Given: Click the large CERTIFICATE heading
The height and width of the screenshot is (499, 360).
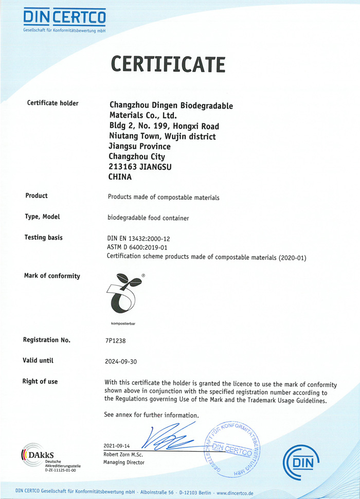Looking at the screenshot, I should [168, 64].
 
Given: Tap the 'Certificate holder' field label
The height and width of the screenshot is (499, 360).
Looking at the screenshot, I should [52, 103].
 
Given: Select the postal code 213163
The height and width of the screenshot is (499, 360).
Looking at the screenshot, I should [122, 167].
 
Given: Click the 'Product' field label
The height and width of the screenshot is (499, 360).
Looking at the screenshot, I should [37, 195].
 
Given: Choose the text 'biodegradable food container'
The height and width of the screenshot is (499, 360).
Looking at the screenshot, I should [148, 218].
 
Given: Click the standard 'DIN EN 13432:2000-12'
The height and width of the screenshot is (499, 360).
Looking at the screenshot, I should [138, 239].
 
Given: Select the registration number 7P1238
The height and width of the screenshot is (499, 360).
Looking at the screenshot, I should [115, 341].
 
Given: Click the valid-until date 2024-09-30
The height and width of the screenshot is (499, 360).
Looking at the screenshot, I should [121, 361].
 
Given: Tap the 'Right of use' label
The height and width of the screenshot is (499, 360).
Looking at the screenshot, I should [40, 382].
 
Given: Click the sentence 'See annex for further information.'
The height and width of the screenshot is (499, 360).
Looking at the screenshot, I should [151, 415].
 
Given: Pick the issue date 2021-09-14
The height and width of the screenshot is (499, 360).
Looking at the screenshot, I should [117, 445].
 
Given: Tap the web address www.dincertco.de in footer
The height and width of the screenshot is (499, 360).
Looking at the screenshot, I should [235, 493].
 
